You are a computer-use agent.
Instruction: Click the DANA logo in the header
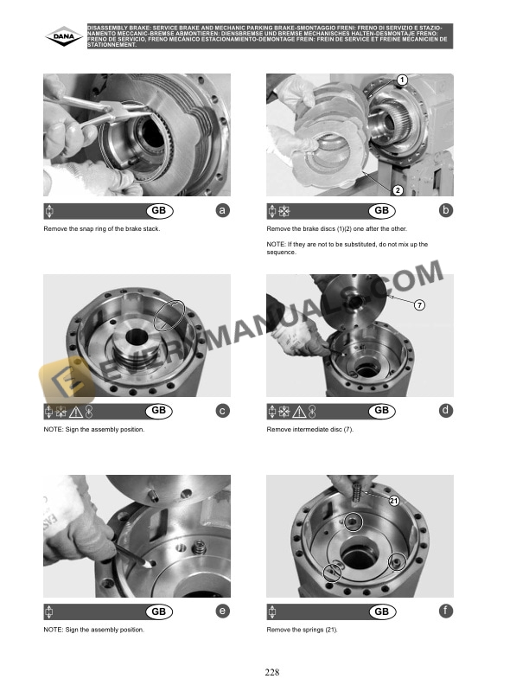[64, 36]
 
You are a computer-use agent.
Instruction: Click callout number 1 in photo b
[402, 80]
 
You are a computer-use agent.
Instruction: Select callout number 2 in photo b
[398, 190]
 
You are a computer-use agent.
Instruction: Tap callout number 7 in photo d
[419, 305]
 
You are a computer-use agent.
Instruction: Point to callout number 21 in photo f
[393, 501]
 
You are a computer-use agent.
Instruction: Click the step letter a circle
[223, 210]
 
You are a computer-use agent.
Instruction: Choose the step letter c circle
[223, 411]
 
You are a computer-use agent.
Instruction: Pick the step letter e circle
[223, 611]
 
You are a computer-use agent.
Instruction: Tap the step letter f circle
[446, 611]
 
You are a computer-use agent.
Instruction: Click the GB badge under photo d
[382, 411]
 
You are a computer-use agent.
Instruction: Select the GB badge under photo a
[159, 210]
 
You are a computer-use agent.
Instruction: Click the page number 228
[272, 672]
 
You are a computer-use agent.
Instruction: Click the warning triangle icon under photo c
[75, 412]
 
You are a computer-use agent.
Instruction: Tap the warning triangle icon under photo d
[299, 412]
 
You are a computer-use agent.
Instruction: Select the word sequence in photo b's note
[281, 253]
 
